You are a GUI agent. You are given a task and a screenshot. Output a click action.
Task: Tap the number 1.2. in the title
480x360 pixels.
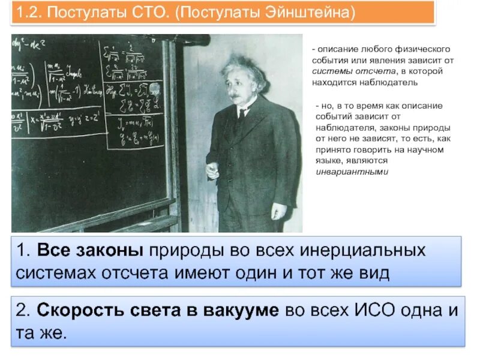[29, 12]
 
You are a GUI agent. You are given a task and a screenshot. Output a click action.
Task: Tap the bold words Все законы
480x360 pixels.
[88, 251]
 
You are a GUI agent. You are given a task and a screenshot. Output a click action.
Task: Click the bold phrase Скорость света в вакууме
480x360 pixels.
[158, 311]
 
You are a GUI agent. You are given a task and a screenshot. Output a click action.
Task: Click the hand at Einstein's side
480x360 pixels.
[278, 211]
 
